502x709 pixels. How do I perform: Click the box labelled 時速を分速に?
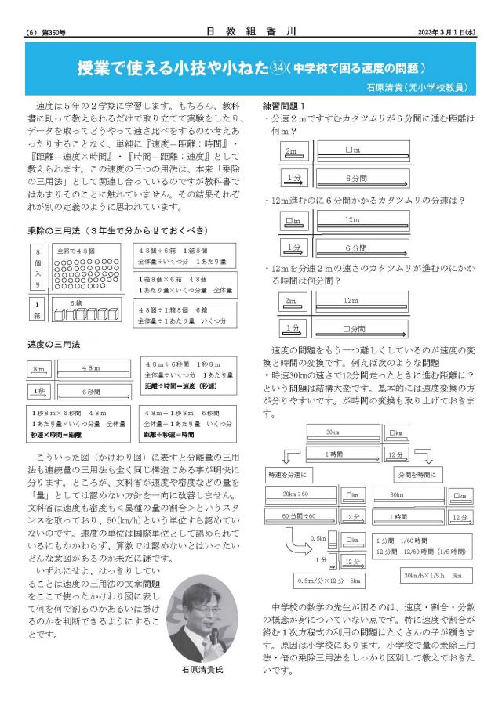(x=292, y=475)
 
